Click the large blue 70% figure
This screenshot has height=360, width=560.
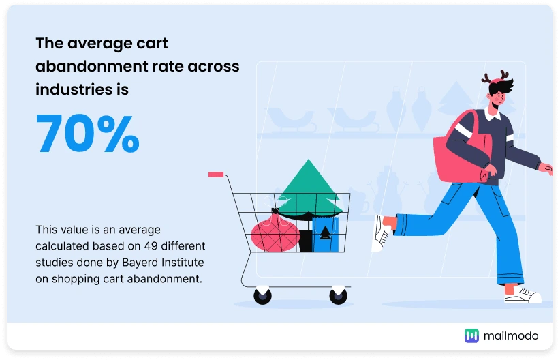pos(87,133)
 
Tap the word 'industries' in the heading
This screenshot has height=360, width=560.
pos(72,89)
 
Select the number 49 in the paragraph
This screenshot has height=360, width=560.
pos(151,246)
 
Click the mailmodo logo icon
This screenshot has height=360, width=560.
pos(471,335)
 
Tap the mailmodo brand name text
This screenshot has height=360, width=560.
pos(511,335)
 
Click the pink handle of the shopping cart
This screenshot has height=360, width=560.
pos(216,175)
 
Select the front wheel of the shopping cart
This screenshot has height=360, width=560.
pos(338,295)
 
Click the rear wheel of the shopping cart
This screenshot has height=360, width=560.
pos(262,296)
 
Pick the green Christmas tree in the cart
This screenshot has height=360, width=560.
pos(309,190)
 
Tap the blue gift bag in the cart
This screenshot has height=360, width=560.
pos(325,234)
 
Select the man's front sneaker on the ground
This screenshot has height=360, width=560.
pos(523,295)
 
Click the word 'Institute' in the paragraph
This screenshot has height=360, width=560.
pos(183,262)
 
